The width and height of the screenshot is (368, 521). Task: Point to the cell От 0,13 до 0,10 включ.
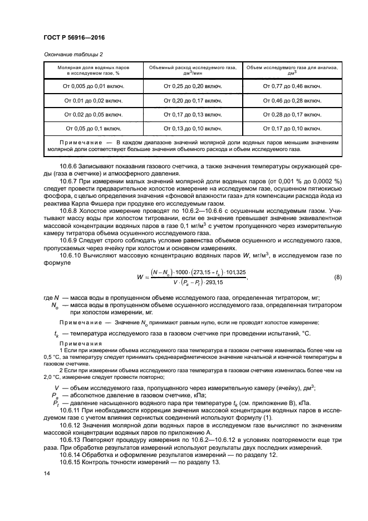click(x=193, y=128)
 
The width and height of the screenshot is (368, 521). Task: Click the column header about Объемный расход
click(x=193, y=70)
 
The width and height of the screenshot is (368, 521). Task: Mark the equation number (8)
click(x=337, y=277)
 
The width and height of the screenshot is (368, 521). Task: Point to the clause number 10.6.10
click(x=72, y=255)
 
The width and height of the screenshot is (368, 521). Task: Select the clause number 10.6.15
click(x=72, y=462)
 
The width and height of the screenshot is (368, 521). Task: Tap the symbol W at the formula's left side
click(x=140, y=277)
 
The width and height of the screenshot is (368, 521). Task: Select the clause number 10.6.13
click(x=72, y=441)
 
